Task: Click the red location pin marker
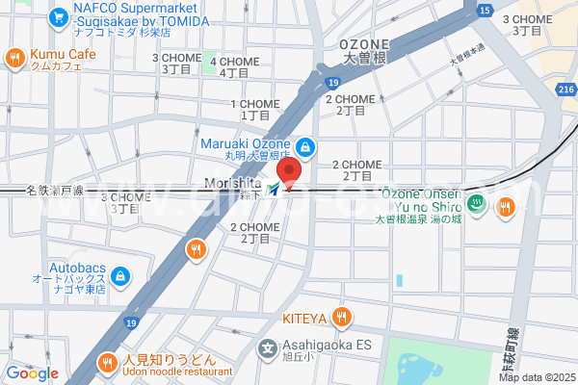pyautogui.click(x=290, y=173)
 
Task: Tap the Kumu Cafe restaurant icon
pyautogui.click(x=14, y=58)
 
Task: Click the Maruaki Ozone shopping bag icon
pyautogui.click(x=304, y=146)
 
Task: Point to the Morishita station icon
pyautogui.click(x=276, y=189)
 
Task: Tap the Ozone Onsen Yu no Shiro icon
pyautogui.click(x=476, y=202)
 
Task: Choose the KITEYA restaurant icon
pyautogui.click(x=340, y=317)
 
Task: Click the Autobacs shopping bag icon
pyautogui.click(x=119, y=277)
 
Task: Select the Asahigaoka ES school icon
pyautogui.click(x=268, y=347)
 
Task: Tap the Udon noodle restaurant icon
pyautogui.click(x=108, y=363)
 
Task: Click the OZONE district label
pyautogui.click(x=364, y=44)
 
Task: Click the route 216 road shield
pyautogui.click(x=565, y=88)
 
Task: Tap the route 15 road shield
pyautogui.click(x=484, y=10)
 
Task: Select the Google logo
pyautogui.click(x=32, y=372)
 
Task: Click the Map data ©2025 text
pyautogui.click(x=535, y=376)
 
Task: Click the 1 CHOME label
pyautogui.click(x=252, y=104)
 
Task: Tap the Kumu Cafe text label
pyautogui.click(x=63, y=54)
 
